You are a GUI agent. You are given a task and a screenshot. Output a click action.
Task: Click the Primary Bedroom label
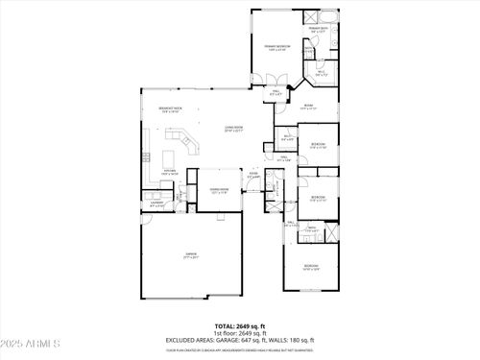pos(278,47)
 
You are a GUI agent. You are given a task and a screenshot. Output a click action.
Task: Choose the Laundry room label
pos(156,203)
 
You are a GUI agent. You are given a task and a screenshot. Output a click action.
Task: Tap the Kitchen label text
pos(168,171)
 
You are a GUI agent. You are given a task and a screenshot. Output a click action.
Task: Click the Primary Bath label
pos(318,30)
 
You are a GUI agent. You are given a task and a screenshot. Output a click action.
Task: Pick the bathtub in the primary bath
pos(326,17)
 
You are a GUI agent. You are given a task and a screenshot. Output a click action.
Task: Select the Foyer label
pos(253,175)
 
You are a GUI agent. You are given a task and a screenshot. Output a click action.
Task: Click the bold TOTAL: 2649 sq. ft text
pos(239,326)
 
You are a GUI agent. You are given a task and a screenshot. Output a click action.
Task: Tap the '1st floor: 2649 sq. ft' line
pos(239,332)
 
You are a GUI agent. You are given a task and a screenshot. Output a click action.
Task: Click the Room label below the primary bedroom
pos(308,107)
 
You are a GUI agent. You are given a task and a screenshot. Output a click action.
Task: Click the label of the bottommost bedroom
pos(310,266)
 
